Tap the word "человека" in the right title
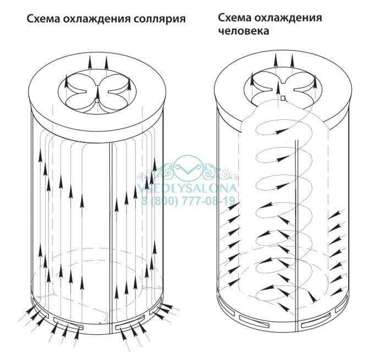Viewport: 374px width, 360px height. pyautogui.click(x=244, y=31)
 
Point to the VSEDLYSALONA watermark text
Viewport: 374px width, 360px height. pyautogui.click(x=188, y=188)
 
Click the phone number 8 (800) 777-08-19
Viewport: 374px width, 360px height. pyautogui.click(x=189, y=201)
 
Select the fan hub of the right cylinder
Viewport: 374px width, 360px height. pyautogui.click(x=283, y=98)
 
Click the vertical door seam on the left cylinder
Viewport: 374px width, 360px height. pyautogui.click(x=110, y=232)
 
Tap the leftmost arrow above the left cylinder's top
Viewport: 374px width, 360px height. pyautogui.click(x=90, y=63)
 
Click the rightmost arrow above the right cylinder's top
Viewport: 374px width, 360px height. pyautogui.click(x=292, y=61)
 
